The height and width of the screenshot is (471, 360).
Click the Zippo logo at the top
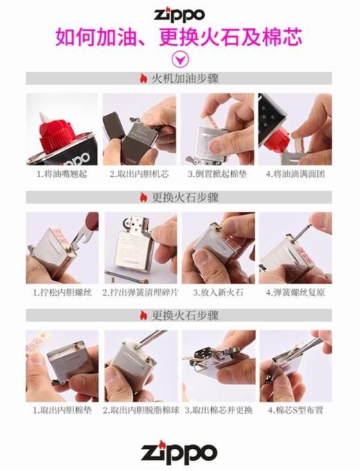click(179, 14)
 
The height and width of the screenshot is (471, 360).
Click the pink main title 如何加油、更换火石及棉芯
click(179, 35)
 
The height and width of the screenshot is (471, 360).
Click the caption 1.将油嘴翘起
click(62, 174)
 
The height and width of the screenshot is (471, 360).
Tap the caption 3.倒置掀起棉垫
click(217, 174)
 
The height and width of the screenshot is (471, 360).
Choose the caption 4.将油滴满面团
click(295, 174)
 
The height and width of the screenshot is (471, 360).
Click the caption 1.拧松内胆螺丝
click(62, 293)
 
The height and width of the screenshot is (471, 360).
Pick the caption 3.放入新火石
click(217, 293)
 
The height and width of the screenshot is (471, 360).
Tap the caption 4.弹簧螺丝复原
click(295, 293)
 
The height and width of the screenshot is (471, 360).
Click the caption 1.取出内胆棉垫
click(62, 410)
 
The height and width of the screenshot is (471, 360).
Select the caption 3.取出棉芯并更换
click(217, 410)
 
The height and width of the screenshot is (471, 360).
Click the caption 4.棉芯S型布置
click(295, 410)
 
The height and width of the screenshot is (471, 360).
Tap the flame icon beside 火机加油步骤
click(143, 78)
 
